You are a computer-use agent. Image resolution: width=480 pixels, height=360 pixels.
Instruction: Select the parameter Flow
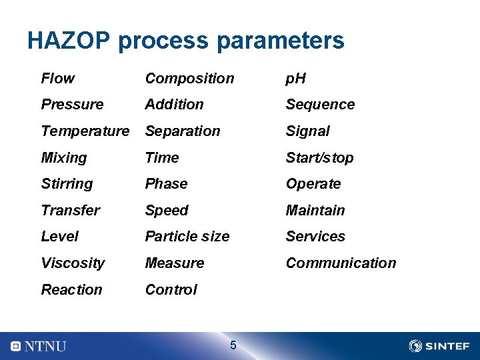pyautogui.click(x=58, y=79)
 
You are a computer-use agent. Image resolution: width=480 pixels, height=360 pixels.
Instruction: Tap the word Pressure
pyautogui.click(x=72, y=105)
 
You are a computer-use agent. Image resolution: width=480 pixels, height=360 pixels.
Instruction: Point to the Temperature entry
pyautogui.click(x=85, y=131)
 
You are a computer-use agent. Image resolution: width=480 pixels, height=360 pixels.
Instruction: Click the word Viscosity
pyautogui.click(x=73, y=263)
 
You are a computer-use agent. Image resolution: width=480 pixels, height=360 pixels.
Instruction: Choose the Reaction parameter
pyautogui.click(x=71, y=290)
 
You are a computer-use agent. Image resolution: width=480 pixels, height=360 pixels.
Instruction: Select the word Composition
pyautogui.click(x=189, y=79)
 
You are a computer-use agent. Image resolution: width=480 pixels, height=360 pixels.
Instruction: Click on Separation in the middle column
pyautogui.click(x=182, y=131)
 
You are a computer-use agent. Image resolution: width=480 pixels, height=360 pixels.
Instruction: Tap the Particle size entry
pyautogui.click(x=187, y=237)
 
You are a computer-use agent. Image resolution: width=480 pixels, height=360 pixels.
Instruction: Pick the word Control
pyautogui.click(x=171, y=290)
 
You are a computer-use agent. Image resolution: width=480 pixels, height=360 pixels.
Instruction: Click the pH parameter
pyautogui.click(x=295, y=79)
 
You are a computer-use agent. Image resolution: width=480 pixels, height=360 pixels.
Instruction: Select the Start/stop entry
pyautogui.click(x=319, y=158)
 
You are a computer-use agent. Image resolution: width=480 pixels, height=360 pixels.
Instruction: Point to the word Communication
pyautogui.click(x=341, y=263)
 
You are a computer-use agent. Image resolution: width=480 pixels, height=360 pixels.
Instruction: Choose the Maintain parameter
pyautogui.click(x=315, y=211)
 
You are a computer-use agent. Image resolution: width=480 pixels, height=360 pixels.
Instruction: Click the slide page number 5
pyautogui.click(x=233, y=345)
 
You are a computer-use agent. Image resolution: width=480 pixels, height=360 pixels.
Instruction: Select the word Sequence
pyautogui.click(x=320, y=105)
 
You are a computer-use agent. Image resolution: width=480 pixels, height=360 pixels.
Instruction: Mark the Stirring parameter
pyautogui.click(x=67, y=184)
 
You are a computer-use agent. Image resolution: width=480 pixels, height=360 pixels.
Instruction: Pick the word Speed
pyautogui.click(x=167, y=211)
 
